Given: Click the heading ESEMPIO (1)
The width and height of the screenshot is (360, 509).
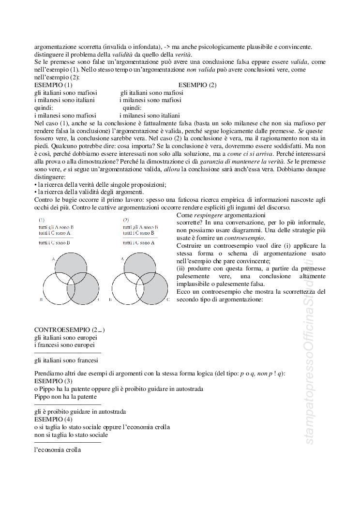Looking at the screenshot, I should point(53,85).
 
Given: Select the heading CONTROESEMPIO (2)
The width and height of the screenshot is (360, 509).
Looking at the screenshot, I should point(70,330).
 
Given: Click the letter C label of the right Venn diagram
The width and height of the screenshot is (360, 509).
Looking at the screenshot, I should point(168,300).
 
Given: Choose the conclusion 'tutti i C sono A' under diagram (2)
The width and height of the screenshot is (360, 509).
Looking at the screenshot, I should point(138,242).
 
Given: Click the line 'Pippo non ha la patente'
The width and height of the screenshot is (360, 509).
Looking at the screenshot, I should point(65,396).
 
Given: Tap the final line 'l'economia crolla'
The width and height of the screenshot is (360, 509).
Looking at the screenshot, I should point(58,449).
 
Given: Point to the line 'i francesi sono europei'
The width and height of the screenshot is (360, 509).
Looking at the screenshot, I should point(64,345).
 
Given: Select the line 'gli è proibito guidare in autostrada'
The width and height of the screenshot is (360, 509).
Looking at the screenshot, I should point(80,412).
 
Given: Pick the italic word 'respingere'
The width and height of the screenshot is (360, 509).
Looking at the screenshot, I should point(210,215).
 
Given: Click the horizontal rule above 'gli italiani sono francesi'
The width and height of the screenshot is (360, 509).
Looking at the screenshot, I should point(68,353).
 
